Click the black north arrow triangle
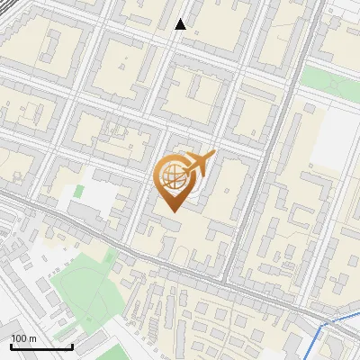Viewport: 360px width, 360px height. coord(180,24)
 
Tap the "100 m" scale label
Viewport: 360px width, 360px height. coord(24,338)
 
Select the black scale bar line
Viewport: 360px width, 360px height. coord(41,347)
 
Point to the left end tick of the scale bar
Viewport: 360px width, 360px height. coord(11,346)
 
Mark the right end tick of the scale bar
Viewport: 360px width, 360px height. coord(72,346)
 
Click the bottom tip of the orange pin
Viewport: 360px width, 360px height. coord(172,211)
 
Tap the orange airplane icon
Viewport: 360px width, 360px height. coord(200,166)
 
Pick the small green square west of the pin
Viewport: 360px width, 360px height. coord(78,191)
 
